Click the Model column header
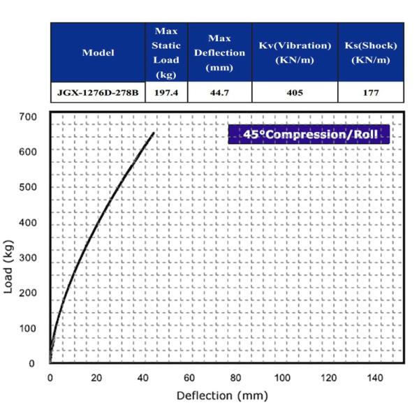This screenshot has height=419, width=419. coord(98,52)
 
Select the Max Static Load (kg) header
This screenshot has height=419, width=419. coord(166,52)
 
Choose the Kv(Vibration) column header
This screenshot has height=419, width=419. coord(294,52)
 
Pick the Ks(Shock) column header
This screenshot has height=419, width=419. coord(371,52)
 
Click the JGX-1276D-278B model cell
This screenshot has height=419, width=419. coord(98,92)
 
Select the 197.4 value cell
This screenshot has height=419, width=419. coord(166,92)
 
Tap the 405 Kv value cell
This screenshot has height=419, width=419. coord(294,92)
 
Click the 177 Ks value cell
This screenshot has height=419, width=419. coord(371,92)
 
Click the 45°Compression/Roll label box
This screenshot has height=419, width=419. coord(309,133)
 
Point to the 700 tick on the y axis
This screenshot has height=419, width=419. coord(28,117)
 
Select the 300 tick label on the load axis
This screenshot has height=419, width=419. coord(28,258)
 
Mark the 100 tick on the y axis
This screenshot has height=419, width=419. coord(28,328)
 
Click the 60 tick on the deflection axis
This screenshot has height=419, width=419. coord(189,378)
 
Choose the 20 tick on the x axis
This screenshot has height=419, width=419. coord(96,378)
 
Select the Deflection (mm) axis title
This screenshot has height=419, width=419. coord(222,396)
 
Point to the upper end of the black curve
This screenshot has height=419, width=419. coord(154,133)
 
